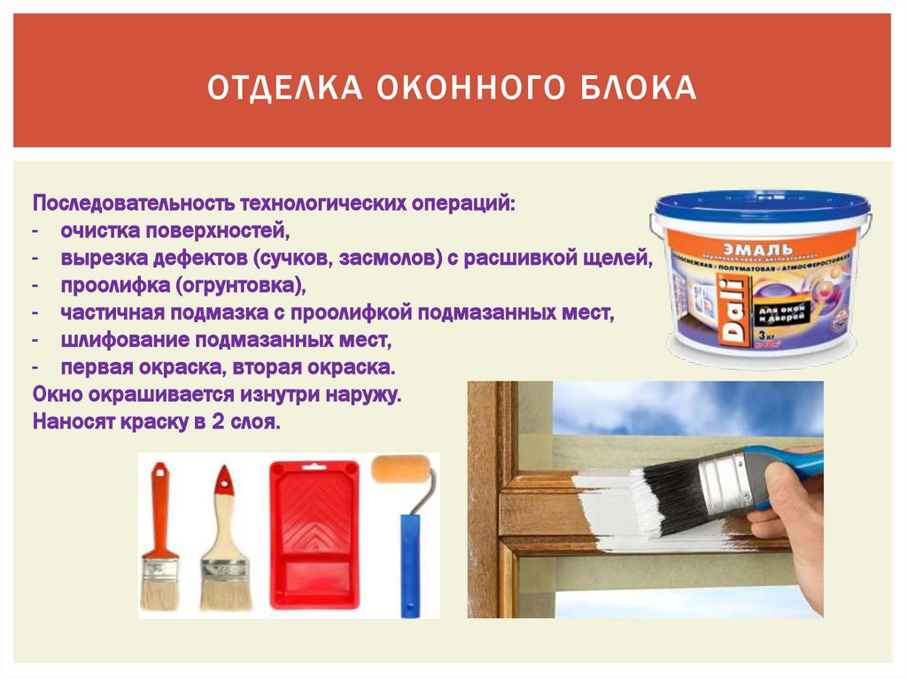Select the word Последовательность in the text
click(131, 204)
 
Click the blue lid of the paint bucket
click(762, 205)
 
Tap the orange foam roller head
click(402, 470)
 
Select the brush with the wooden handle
click(224, 540)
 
